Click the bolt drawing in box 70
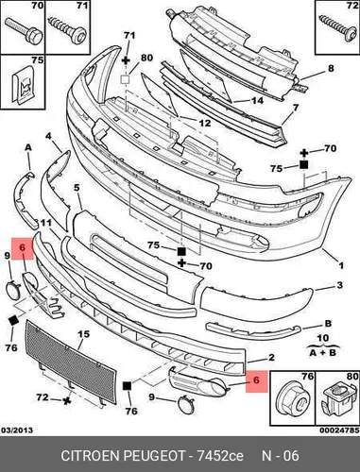pos(25,32)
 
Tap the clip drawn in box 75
pos(24,85)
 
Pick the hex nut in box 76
pos(293,401)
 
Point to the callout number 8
pos(331,68)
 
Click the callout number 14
pos(257,101)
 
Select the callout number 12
pos(204,123)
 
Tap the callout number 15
pos(83,334)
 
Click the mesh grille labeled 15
pos(71,362)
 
